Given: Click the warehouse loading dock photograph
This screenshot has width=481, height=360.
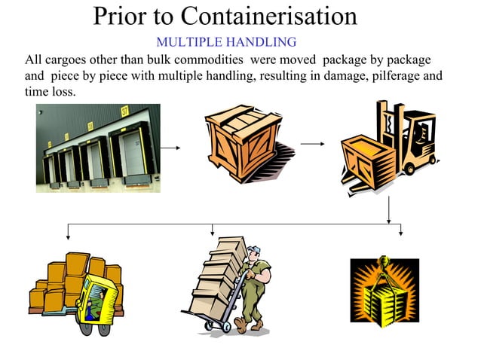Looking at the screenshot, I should pyautogui.click(x=98, y=148).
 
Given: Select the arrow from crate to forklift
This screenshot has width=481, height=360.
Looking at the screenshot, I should pyautogui.click(x=312, y=143).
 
